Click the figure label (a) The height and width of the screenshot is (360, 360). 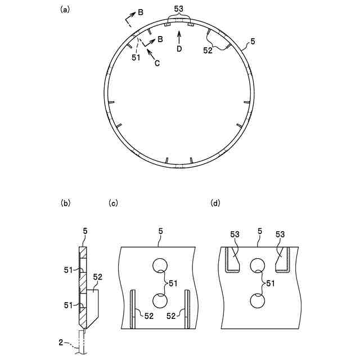click(64, 10)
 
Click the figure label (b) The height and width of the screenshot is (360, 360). click(65, 203)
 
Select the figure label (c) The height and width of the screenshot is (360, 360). click(113, 203)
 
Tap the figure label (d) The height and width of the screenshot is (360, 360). click(215, 203)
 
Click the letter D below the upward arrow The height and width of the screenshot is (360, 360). click(179, 49)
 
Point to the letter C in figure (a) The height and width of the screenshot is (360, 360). click(157, 63)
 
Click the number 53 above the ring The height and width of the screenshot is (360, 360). click(179, 9)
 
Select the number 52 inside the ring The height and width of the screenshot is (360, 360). click(208, 51)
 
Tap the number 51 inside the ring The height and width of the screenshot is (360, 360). click(136, 57)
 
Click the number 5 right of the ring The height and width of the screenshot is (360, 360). click(253, 42)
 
